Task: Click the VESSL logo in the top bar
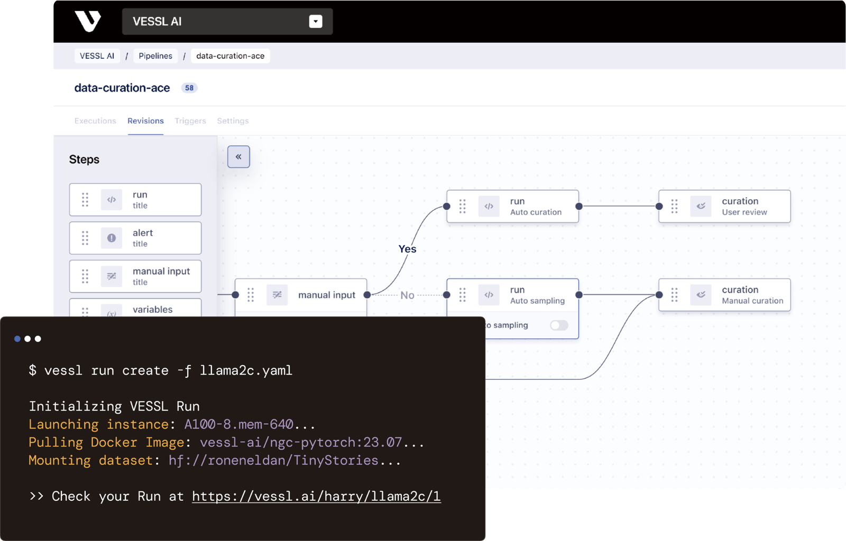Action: click(x=88, y=21)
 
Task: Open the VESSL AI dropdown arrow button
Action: click(x=315, y=22)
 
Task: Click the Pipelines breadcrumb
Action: click(x=155, y=56)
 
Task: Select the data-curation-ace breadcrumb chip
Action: click(x=231, y=56)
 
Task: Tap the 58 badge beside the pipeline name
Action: click(x=189, y=88)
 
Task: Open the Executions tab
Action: click(x=95, y=121)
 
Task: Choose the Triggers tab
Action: click(x=190, y=121)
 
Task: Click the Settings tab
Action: click(x=233, y=121)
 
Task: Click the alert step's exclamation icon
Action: click(x=112, y=238)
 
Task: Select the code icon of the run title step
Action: click(x=112, y=200)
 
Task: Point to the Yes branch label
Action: click(x=407, y=249)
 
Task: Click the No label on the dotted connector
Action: click(x=407, y=295)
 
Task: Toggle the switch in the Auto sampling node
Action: click(x=559, y=325)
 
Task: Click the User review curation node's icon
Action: click(x=701, y=206)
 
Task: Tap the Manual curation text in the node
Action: click(x=752, y=301)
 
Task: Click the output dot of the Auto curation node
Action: click(x=579, y=206)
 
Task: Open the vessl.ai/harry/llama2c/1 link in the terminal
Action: click(x=316, y=496)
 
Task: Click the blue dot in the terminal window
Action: click(x=17, y=339)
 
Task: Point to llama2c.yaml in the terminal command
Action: click(x=246, y=370)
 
